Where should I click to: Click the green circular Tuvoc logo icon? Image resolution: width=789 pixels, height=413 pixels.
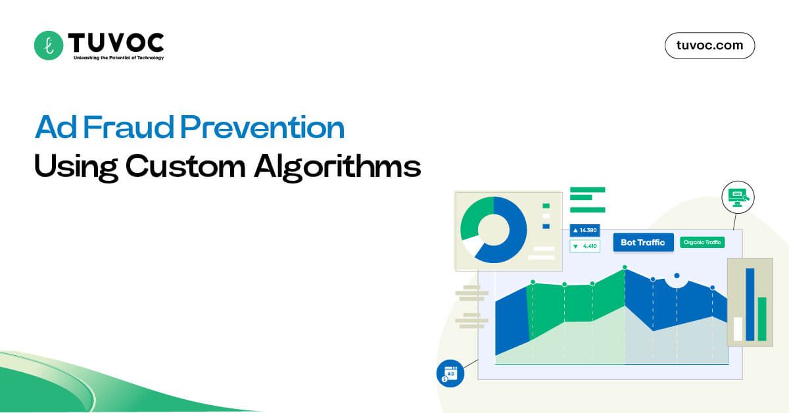pyautogui.click(x=48, y=45)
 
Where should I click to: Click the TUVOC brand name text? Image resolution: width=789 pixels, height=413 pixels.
pyautogui.click(x=115, y=42)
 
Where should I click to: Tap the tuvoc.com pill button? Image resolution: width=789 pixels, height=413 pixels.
pyautogui.click(x=709, y=45)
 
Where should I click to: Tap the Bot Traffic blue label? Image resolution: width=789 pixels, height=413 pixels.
pyautogui.click(x=642, y=243)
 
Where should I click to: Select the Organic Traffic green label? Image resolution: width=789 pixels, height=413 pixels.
pyautogui.click(x=702, y=242)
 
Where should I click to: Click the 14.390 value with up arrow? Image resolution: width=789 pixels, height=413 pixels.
pyautogui.click(x=585, y=230)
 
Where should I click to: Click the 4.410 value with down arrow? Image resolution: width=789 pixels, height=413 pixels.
pyautogui.click(x=585, y=246)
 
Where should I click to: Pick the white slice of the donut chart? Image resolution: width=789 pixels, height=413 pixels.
pyautogui.click(x=471, y=246)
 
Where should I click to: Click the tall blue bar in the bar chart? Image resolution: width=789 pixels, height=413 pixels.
pyautogui.click(x=750, y=304)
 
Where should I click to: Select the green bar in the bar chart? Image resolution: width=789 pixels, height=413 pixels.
pyautogui.click(x=762, y=319)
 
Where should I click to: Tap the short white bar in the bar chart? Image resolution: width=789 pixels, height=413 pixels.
pyautogui.click(x=738, y=328)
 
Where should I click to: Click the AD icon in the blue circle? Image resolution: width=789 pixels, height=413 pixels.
pyautogui.click(x=450, y=374)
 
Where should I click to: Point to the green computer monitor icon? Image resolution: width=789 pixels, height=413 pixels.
pyautogui.click(x=737, y=196)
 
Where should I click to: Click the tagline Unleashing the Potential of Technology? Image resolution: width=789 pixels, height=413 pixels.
pyautogui.click(x=115, y=58)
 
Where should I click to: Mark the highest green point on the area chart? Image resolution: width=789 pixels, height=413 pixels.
pyautogui.click(x=625, y=267)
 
